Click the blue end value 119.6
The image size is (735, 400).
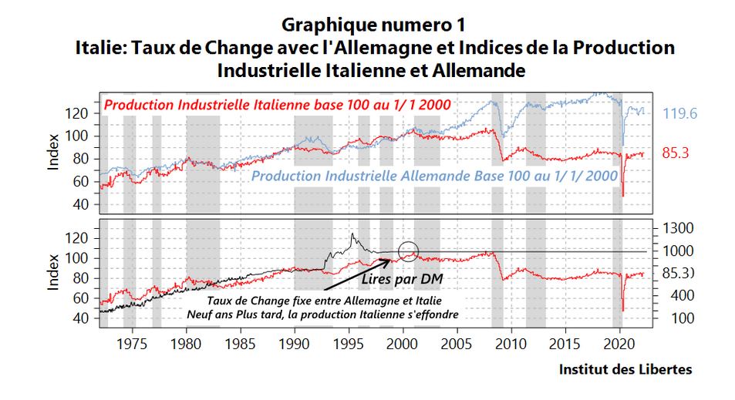pyautogui.click(x=679, y=114)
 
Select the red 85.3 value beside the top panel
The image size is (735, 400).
pyautogui.click(x=675, y=153)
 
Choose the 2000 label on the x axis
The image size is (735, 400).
pyautogui.click(x=403, y=341)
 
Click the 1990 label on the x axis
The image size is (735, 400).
pyautogui.click(x=295, y=341)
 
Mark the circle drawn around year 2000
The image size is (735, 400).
pyautogui.click(x=408, y=251)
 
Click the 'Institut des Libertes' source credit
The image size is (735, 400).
pyautogui.click(x=625, y=370)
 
